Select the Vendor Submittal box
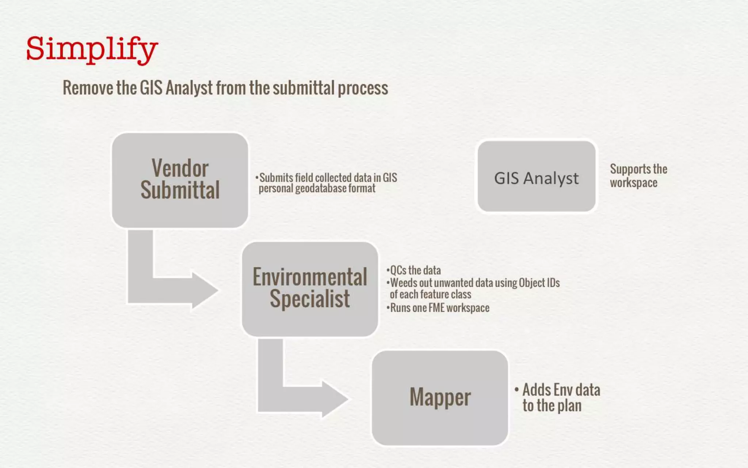[180, 180]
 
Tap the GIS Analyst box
[536, 177]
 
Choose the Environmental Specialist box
[310, 288]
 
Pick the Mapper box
[440, 398]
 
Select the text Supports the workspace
[638, 176]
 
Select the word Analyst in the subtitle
[189, 88]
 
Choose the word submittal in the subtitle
[304, 88]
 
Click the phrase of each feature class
[430, 295]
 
